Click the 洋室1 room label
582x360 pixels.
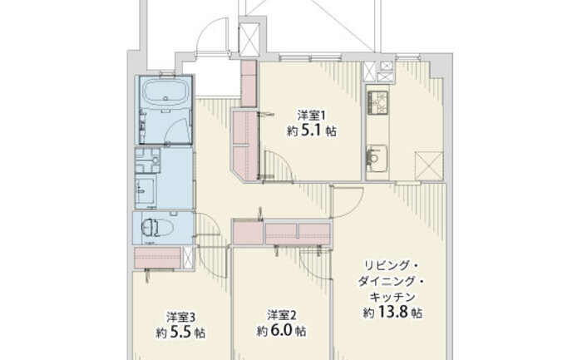(x=311, y=116)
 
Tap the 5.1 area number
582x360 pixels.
(x=312, y=131)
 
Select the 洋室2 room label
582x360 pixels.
(x=282, y=315)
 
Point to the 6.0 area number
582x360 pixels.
(x=282, y=331)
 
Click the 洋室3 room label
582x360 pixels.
(x=180, y=317)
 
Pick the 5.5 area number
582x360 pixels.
(x=180, y=333)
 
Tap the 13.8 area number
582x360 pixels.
(x=393, y=313)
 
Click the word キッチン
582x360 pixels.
(x=392, y=297)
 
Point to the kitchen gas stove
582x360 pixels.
(x=377, y=102)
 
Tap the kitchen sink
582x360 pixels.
(x=377, y=158)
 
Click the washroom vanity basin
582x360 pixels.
(x=145, y=190)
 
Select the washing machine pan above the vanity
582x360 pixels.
(x=148, y=160)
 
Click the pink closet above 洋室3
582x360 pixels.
(x=157, y=257)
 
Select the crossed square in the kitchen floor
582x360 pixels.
(x=429, y=165)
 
